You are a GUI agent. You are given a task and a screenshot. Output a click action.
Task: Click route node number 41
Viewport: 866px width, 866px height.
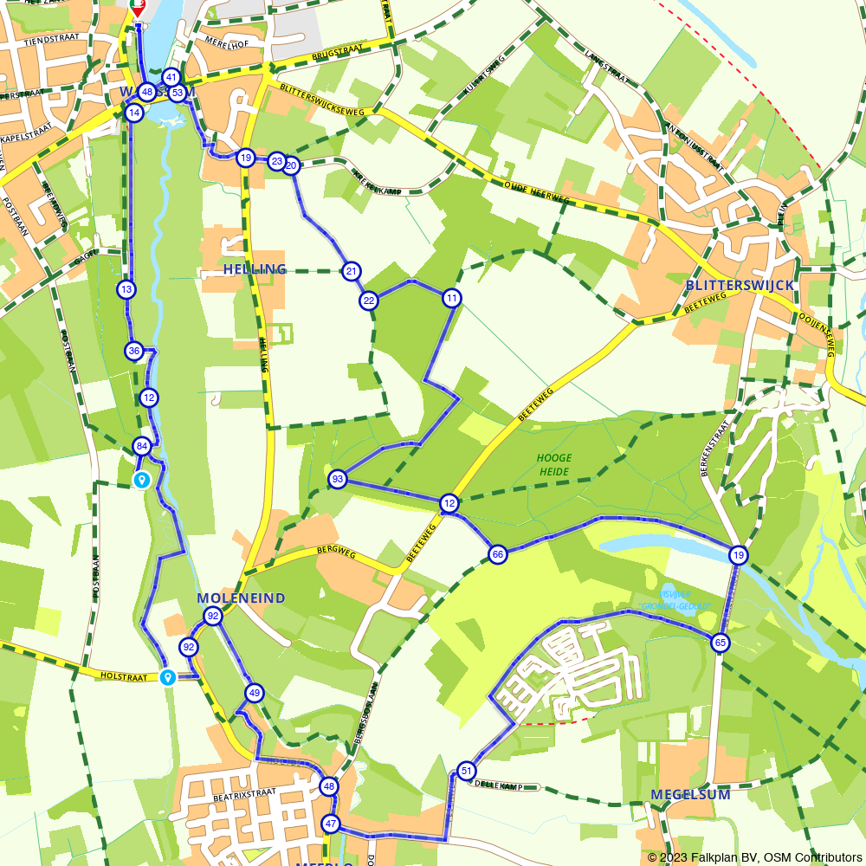point(171,77)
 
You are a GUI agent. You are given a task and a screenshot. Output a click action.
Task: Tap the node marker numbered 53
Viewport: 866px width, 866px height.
point(177,93)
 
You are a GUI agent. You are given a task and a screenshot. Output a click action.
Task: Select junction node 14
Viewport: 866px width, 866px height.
point(133,113)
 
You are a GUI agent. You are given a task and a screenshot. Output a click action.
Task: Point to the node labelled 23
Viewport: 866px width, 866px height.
point(276,161)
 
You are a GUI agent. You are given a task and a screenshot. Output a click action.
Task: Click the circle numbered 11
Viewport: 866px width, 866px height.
point(451,299)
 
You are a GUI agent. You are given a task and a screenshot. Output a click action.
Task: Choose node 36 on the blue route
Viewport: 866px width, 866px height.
point(133,351)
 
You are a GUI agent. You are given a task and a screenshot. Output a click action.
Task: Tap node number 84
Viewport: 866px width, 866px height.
point(142,447)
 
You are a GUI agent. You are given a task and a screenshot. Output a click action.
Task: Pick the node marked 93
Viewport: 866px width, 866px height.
point(338,479)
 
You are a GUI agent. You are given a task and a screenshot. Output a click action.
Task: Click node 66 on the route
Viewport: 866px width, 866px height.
point(497,554)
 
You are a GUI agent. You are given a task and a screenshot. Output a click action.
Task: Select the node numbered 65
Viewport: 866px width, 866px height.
point(721,643)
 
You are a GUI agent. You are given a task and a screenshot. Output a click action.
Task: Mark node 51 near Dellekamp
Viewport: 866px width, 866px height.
point(467,771)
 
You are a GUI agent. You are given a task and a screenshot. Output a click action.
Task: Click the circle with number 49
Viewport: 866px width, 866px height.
point(254,693)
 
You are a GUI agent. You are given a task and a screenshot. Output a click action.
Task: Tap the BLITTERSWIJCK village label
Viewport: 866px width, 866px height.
point(739,285)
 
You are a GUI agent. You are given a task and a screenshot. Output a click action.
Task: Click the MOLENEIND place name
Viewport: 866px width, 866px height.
point(241,598)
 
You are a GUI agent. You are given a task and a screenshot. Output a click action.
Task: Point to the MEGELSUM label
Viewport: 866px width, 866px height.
point(690,794)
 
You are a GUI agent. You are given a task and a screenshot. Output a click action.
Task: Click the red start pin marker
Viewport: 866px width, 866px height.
point(138,8)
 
